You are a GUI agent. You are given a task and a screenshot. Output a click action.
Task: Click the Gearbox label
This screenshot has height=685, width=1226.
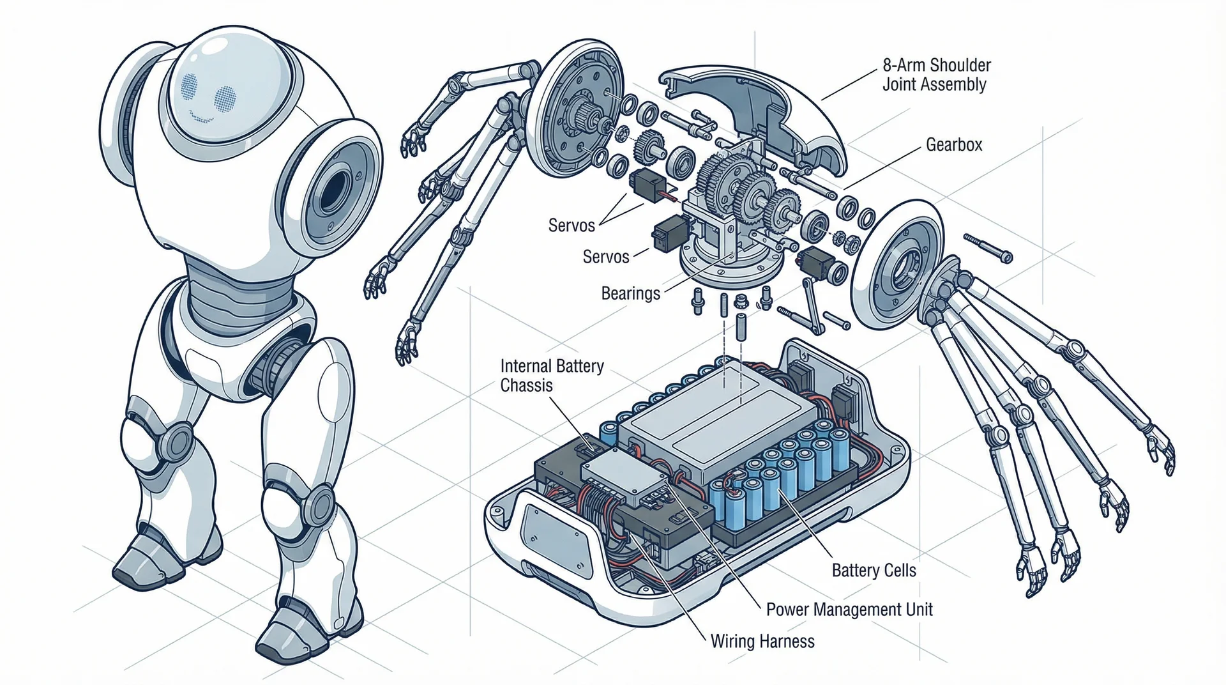(954, 145)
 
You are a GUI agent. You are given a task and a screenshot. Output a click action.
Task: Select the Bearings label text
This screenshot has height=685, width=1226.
(630, 293)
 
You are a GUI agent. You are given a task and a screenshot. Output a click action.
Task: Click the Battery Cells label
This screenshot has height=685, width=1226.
(874, 570)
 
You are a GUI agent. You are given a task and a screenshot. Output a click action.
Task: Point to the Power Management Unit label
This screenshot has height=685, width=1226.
(849, 610)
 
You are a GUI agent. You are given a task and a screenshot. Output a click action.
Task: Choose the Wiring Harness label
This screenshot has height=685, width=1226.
(762, 641)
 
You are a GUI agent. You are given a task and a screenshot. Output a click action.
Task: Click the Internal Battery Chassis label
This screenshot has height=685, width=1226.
(552, 376)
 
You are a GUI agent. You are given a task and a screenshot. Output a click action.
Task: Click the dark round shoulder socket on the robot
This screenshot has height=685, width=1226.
(333, 190)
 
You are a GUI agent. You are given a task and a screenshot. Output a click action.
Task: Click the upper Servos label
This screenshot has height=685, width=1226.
(571, 226)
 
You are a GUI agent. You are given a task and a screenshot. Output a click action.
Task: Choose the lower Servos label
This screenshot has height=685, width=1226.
(606, 257)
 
